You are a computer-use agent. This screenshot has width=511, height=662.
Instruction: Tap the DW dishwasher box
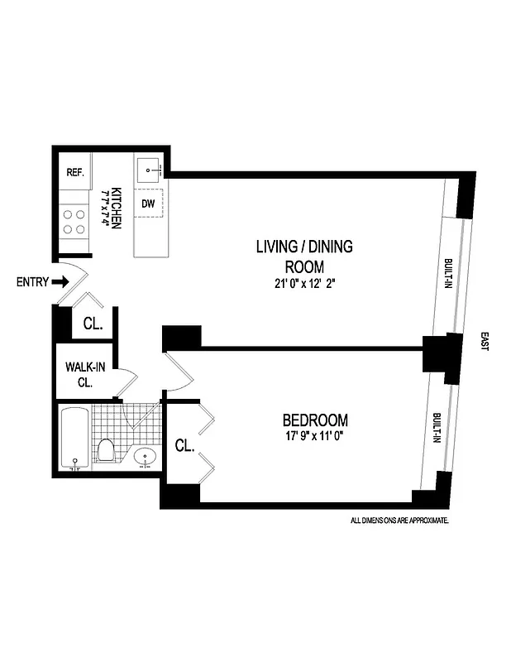[148, 203]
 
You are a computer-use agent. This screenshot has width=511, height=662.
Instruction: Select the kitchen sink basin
[149, 170]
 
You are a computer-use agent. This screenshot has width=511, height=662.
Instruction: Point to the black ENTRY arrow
[60, 281]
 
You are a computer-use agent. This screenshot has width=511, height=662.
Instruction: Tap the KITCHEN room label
[116, 207]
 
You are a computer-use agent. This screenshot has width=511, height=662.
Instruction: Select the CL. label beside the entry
[92, 324]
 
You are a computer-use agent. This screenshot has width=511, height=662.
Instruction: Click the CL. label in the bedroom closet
[184, 447]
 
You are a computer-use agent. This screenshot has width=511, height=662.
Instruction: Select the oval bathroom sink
[146, 456]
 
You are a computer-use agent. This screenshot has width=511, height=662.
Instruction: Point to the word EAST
[484, 343]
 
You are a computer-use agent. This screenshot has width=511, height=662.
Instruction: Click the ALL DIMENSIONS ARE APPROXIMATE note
[399, 520]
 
